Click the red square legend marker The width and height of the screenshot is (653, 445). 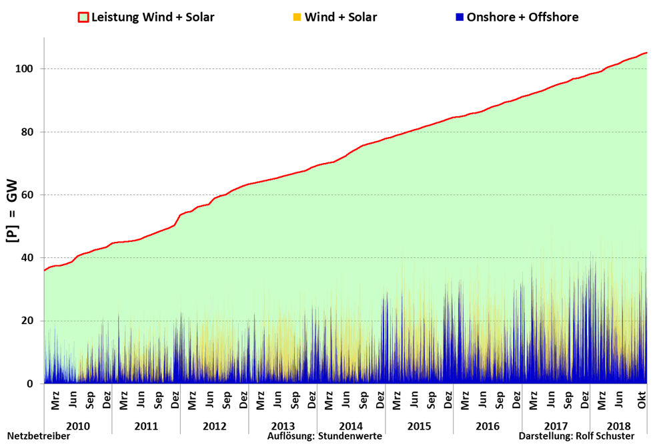point(83,17)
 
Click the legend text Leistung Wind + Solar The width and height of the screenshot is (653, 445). point(152,17)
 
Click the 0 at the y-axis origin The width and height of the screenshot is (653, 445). point(31,384)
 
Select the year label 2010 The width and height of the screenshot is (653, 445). point(78,426)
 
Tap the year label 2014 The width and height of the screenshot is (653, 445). point(351,426)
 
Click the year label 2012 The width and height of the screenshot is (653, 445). point(214,426)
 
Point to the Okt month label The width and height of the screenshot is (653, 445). point(643,404)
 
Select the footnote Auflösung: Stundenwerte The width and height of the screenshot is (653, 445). point(325,437)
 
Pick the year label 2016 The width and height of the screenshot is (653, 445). point(487,426)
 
